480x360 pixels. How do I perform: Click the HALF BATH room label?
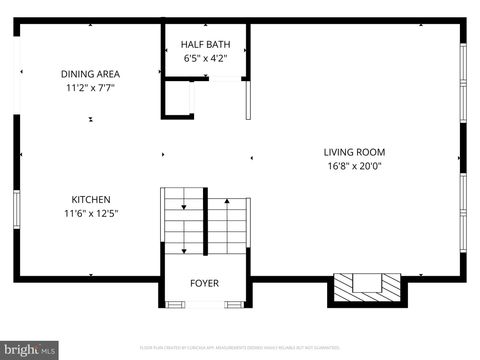click(205, 45)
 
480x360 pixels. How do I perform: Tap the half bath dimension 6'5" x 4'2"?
click(205, 59)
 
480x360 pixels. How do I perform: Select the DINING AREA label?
click(90, 74)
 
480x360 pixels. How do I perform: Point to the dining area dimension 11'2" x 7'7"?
click(90, 88)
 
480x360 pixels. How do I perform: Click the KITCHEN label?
click(90, 199)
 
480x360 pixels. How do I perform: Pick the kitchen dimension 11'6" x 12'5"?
click(91, 213)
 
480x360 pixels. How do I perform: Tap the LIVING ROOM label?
click(354, 152)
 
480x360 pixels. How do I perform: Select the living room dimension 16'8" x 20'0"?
click(354, 166)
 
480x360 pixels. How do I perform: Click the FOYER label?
click(204, 283)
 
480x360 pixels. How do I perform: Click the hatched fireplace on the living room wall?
click(368, 287)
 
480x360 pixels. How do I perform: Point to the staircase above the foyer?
click(205, 225)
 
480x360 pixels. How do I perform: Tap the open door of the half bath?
click(248, 100)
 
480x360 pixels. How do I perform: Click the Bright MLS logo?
click(29, 350)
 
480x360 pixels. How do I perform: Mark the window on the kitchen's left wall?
click(16, 210)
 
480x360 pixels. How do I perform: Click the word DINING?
click(76, 74)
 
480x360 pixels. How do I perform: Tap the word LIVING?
click(339, 152)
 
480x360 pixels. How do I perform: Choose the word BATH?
click(217, 45)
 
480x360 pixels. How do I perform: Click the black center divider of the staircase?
click(206, 226)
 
